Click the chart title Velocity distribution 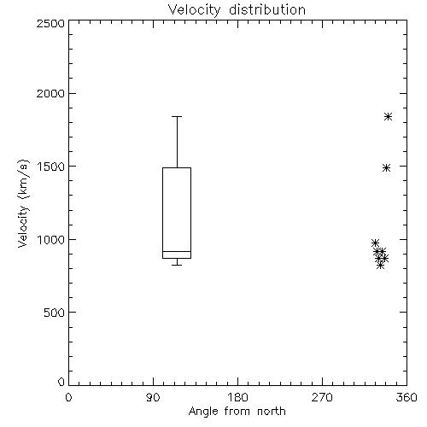237,9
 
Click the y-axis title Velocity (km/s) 23,203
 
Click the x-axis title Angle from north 237,411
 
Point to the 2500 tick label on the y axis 50,23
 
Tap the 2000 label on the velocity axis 50,93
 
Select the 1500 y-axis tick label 51,167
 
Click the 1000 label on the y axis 51,240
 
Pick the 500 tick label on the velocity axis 55,313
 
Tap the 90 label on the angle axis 153,397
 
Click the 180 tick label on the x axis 237,397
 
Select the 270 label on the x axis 322,397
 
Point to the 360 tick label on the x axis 407,397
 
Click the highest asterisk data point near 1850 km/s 388,117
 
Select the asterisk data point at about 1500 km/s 386,167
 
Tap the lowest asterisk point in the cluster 381,266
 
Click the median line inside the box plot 177,251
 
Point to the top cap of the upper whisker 177,116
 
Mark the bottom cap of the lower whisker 177,265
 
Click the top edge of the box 177,167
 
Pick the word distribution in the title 267,9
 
